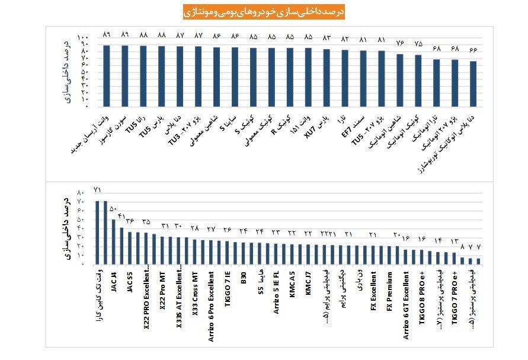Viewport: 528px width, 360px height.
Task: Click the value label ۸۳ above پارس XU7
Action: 327,38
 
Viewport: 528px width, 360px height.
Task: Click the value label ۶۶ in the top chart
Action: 473,49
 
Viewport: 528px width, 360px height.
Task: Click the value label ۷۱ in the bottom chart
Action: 98,190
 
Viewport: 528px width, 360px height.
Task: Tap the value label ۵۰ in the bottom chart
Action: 113,209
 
